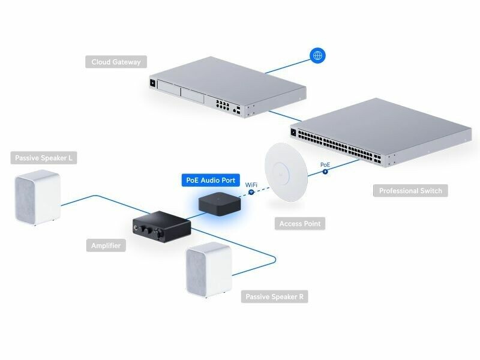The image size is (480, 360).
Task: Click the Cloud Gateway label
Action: pyautogui.click(x=116, y=62)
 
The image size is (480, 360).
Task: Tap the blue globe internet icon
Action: pyautogui.click(x=318, y=56)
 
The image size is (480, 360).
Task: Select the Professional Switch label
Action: pyautogui.click(x=410, y=191)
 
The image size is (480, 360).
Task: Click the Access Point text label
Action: pyautogui.click(x=300, y=224)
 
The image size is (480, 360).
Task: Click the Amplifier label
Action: pyautogui.click(x=106, y=245)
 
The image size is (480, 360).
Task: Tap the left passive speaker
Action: pyautogui.click(x=38, y=198)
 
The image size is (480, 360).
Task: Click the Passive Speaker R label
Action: pyautogui.click(x=275, y=296)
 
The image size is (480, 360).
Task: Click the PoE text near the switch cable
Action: pyautogui.click(x=325, y=164)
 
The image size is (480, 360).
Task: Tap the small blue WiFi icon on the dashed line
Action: pyautogui.click(x=251, y=191)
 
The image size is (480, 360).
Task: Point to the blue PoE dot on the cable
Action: pyautogui.click(x=325, y=172)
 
